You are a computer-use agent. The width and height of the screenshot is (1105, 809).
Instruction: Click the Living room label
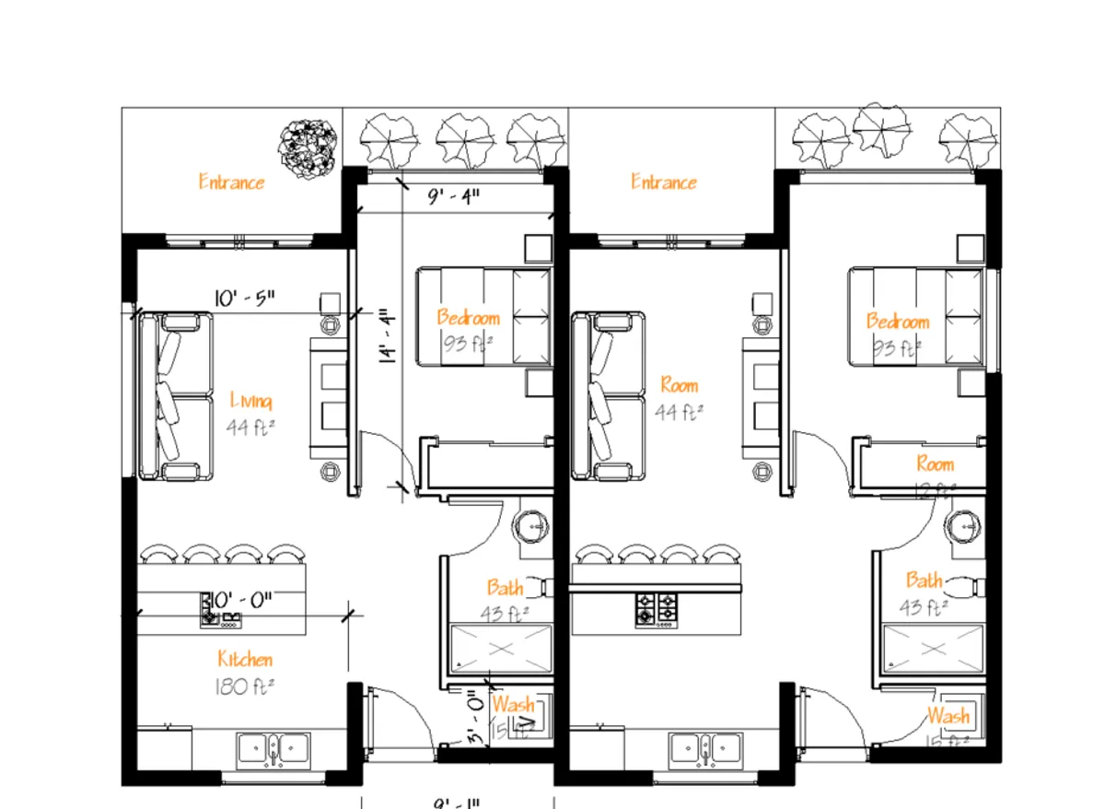click(250, 401)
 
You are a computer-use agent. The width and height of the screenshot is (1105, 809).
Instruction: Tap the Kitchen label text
click(245, 659)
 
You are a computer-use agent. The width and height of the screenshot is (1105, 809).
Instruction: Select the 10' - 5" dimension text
click(244, 299)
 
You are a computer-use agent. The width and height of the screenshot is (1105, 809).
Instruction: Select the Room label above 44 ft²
click(680, 385)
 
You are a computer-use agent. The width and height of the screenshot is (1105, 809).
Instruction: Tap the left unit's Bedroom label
click(469, 318)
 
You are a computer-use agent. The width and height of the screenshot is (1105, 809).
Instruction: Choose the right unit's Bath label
click(924, 580)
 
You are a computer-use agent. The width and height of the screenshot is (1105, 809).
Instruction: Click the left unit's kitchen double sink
click(273, 749)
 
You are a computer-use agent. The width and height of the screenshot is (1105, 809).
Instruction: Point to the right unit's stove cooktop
click(656, 608)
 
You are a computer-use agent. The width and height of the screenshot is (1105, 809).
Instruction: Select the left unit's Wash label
click(512, 705)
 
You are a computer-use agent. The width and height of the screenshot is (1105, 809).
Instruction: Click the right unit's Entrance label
click(663, 182)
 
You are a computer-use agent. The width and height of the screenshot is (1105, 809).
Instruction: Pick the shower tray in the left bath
click(500, 650)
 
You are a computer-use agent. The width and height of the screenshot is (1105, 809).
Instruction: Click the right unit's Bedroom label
click(898, 322)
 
